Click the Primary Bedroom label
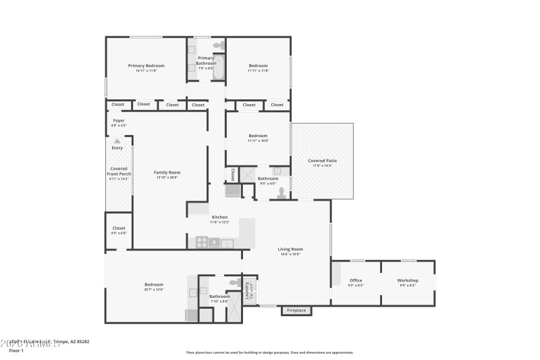click(146, 66)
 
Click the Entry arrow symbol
click(117, 141)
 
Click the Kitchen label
click(219, 217)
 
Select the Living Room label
click(290, 249)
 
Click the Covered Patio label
click(322, 161)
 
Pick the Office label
click(356, 280)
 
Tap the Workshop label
click(408, 280)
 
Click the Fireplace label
click(296, 311)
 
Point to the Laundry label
click(248, 290)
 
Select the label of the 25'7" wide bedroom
click(154, 284)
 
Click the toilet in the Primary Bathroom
click(217, 45)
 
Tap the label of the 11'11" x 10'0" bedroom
click(258, 135)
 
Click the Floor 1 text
click(16, 351)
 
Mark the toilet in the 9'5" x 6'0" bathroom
click(281, 192)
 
